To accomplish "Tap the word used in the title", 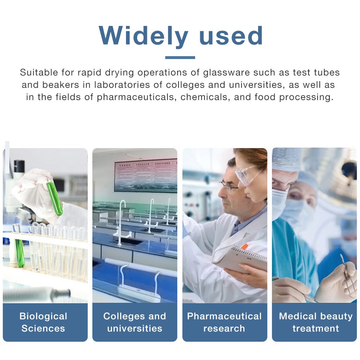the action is [231, 35].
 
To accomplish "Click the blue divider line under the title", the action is [180, 57].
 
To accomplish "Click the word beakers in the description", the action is [60, 85].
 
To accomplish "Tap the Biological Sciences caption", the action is [44, 322].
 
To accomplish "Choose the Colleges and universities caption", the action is [135, 322].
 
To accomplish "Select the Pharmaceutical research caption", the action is [224, 322].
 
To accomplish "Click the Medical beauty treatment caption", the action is [316, 322].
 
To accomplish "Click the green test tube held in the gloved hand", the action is [55, 198].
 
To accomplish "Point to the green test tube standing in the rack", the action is [19, 253].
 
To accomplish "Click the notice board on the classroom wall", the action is [146, 176].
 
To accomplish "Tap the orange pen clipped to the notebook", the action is [245, 246].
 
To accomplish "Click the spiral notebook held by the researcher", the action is [240, 258].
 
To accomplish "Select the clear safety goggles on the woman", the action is [247, 175].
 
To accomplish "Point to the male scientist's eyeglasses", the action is [229, 186].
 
